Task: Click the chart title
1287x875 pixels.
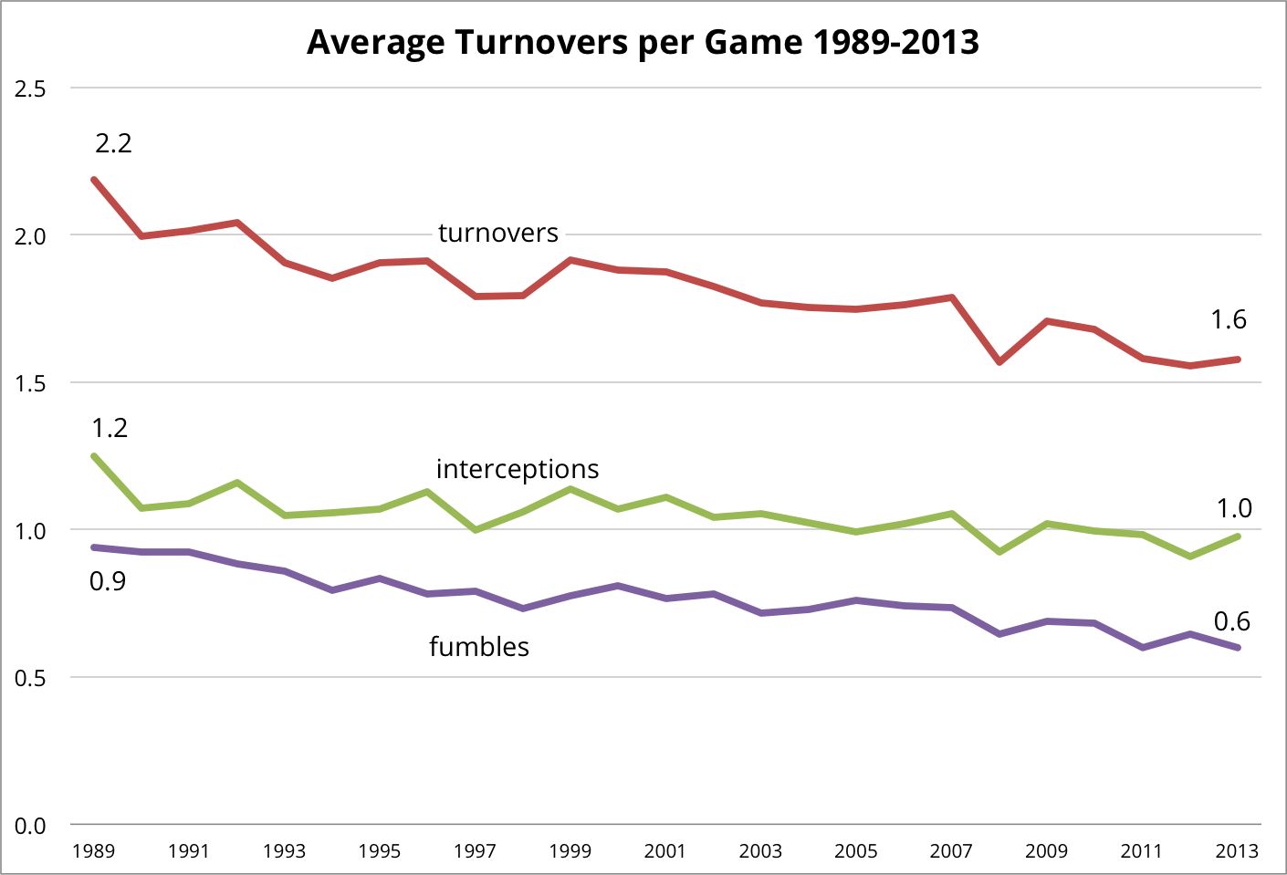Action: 643,42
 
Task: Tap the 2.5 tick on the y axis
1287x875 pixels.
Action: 30,89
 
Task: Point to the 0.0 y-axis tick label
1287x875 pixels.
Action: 30,826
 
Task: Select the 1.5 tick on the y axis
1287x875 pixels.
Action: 30,383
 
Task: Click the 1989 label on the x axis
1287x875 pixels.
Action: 93,851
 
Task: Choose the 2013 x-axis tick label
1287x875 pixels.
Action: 1237,851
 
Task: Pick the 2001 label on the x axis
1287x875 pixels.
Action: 664,851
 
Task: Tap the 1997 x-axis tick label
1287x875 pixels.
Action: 475,851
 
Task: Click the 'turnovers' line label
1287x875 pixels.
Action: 497,234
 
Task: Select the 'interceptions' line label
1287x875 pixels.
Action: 518,469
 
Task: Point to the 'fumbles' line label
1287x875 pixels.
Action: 479,647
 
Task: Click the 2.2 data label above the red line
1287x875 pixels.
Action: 113,143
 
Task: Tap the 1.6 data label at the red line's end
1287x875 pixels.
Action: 1229,319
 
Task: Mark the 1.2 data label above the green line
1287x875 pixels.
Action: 110,428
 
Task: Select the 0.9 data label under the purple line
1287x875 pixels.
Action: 108,581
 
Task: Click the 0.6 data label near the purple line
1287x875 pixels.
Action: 1231,621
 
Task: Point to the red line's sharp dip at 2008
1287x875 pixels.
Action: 999,362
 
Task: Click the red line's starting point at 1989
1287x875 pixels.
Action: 94,180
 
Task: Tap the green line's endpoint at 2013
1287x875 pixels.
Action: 1238,536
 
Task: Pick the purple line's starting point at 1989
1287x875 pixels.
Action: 94,547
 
